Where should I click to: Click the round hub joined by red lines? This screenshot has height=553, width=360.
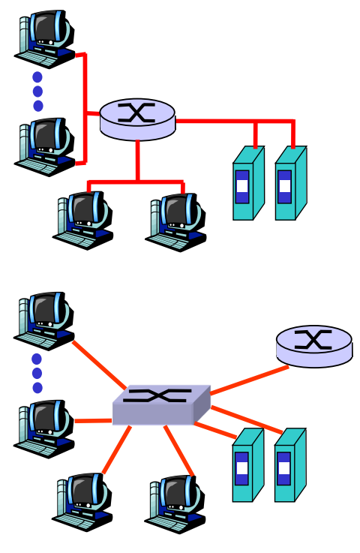coord(137,119)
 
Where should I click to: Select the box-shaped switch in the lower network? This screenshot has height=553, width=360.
coord(160,405)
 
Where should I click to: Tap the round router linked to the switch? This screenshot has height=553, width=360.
coord(313,346)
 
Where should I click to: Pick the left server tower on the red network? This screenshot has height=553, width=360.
coord(247,184)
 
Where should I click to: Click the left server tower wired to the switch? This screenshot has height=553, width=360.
coord(247,466)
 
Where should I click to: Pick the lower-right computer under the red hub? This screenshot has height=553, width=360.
coord(175,221)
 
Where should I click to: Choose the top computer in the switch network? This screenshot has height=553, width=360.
coord(45,320)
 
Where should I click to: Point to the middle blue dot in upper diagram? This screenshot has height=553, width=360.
coord(37,92)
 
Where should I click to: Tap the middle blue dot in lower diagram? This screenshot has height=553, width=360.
coord(37,373)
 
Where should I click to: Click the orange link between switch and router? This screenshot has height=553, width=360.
coord(247,380)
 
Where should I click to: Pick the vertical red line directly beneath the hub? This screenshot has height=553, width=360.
coord(137,161)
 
